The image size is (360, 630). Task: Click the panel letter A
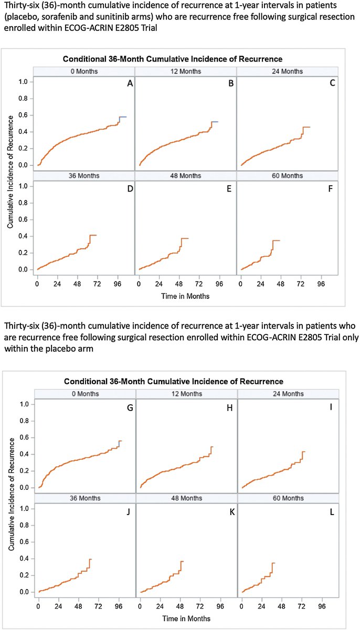[129, 83]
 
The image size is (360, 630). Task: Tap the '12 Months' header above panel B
[186, 71]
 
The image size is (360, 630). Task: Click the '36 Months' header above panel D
[84, 175]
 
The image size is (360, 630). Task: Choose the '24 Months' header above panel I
[289, 394]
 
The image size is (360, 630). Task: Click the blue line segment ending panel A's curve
[123, 117]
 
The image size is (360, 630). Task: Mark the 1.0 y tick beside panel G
[23, 404]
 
